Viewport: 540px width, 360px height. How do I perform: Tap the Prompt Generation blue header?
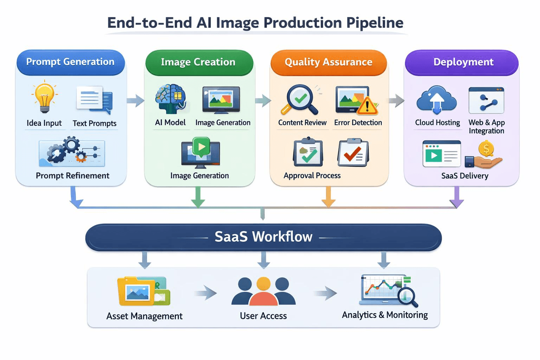[70, 62]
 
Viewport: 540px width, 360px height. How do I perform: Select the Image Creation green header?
[198, 62]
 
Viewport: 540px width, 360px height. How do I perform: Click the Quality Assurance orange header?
[328, 62]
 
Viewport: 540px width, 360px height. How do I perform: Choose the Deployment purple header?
[463, 62]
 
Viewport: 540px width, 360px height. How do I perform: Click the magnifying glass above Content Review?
[299, 100]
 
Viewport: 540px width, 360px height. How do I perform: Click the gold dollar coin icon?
[486, 149]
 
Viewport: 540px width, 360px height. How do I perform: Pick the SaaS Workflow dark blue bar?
[263, 237]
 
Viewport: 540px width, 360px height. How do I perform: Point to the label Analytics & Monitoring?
[385, 315]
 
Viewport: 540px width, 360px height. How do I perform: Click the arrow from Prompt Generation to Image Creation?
[135, 100]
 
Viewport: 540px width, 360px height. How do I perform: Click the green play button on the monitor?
[200, 146]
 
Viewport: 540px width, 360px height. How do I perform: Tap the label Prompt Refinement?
[73, 176]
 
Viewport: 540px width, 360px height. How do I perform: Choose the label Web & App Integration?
[486, 127]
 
